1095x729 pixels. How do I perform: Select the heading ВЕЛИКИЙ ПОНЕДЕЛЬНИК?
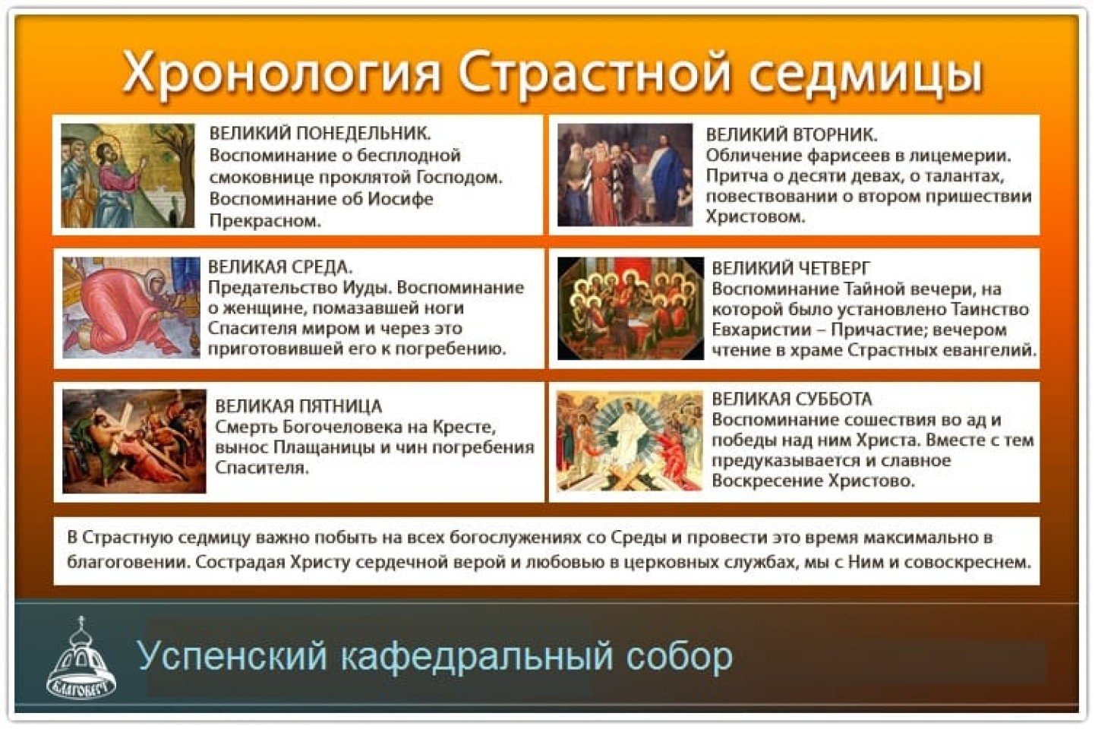click(320, 134)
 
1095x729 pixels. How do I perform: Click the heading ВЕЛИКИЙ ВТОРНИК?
click(791, 135)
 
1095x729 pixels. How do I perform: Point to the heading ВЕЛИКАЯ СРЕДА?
click(280, 267)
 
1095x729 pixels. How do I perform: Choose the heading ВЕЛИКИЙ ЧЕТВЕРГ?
click(791, 268)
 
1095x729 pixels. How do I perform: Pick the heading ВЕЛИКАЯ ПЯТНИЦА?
click(298, 406)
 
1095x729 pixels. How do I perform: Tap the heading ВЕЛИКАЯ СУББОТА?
click(792, 399)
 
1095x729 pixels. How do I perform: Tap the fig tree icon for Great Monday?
click(128, 175)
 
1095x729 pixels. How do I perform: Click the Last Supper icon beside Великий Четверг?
click(630, 308)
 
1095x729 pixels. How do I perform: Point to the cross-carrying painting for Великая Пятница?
click(134, 441)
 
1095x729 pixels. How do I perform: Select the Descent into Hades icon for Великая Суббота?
click(630, 440)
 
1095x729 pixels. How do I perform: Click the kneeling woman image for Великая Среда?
click(131, 308)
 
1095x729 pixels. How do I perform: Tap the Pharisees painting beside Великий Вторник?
click(625, 175)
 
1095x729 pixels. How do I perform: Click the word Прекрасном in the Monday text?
click(266, 221)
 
